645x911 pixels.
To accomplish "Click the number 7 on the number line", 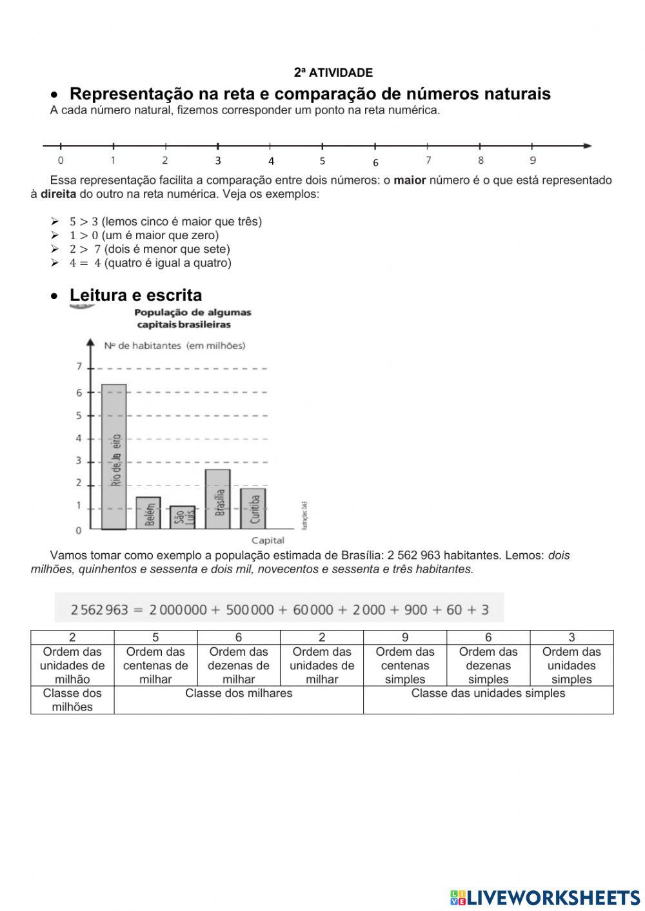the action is coord(428,160).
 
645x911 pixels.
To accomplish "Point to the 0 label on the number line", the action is coord(61,161).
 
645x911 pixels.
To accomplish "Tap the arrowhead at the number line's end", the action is coord(587,146).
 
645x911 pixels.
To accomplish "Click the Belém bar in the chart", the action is coord(148,513).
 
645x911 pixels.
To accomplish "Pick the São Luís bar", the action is coord(183,517).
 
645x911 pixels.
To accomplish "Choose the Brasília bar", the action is coord(217,499).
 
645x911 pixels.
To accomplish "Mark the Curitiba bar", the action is coord(253,509).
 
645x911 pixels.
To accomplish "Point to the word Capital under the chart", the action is coord(268,540).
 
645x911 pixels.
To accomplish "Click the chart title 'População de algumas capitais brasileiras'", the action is coord(192,318).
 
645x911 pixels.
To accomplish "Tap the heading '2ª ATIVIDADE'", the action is coord(333,73).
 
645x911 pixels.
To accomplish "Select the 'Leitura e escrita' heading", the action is coord(135,295).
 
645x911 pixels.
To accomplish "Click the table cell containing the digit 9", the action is coord(404,638).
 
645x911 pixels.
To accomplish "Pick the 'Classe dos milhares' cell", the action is coord(239,694).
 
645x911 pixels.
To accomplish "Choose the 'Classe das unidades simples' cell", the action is coord(488,694).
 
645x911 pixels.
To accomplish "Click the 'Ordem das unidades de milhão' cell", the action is coord(72,665).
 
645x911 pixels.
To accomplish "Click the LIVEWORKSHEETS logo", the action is coord(545,897).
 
